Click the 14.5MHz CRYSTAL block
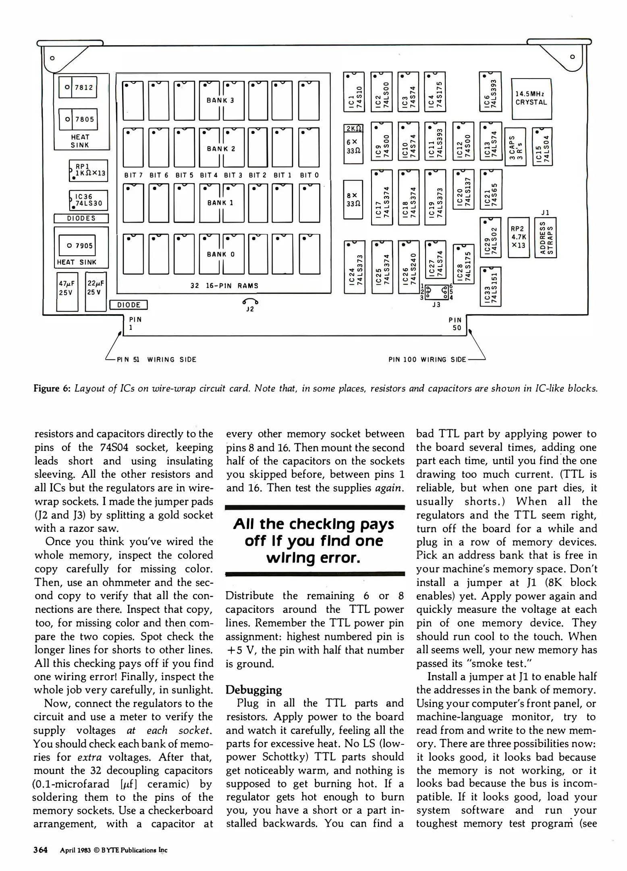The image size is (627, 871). (x=531, y=98)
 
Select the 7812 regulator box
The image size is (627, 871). (x=78, y=87)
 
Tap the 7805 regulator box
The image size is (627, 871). (x=78, y=119)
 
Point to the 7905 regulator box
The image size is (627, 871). (x=77, y=245)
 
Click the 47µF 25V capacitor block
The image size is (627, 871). (x=67, y=292)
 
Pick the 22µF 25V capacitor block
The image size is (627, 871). (x=96, y=292)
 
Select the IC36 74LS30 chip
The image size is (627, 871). (x=88, y=200)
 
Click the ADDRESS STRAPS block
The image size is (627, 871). (x=545, y=238)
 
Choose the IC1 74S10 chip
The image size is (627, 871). (x=354, y=92)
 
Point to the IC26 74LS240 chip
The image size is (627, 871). (x=408, y=267)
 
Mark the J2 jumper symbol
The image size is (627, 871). (x=250, y=303)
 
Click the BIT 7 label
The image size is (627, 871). (x=133, y=175)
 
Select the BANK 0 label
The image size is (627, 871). (x=221, y=254)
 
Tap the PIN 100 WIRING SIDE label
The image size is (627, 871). (x=427, y=359)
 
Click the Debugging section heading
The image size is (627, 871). (x=253, y=690)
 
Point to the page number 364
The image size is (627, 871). (x=41, y=850)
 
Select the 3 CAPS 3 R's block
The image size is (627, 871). (x=515, y=146)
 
